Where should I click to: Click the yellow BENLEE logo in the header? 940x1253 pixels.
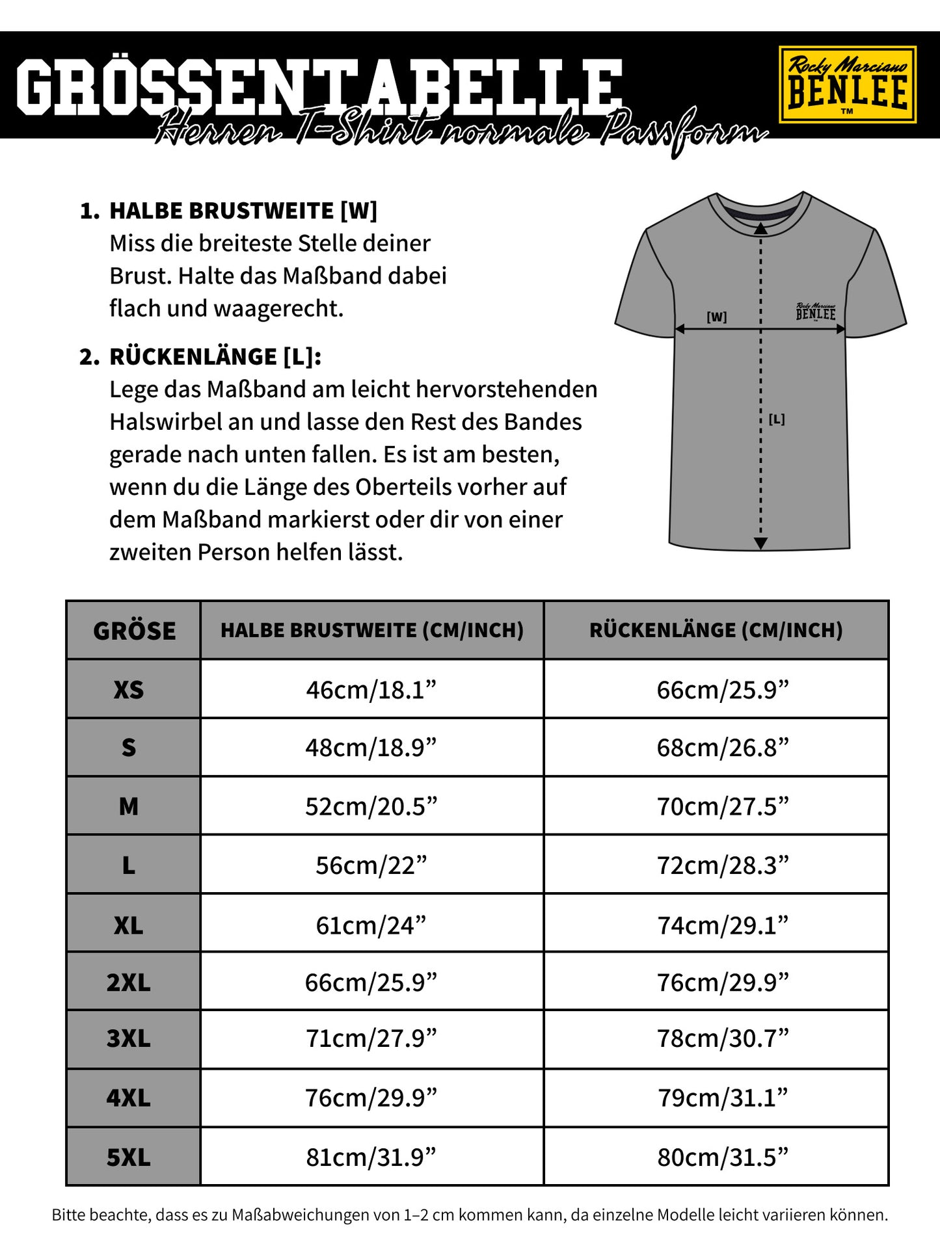847,85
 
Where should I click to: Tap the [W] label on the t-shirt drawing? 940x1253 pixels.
716,317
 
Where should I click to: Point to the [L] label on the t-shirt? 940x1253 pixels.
777,419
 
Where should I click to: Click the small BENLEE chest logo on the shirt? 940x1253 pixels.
816,312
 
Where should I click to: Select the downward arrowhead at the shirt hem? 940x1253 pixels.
760,544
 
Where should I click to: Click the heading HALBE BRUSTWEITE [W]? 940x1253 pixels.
243,211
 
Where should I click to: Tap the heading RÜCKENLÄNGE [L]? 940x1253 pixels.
215,357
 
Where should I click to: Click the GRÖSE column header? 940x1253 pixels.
134,631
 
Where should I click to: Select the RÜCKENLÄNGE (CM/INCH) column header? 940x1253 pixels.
716,630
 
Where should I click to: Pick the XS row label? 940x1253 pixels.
129,689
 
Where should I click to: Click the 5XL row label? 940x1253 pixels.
129,1157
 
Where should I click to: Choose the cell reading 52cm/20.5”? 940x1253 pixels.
371,806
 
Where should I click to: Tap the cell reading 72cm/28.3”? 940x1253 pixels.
723,865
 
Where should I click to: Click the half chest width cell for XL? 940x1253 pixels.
371,925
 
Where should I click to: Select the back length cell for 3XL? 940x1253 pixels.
723,1038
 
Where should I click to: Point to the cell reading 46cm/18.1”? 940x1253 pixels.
371,689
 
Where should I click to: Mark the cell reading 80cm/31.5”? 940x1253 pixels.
723,1157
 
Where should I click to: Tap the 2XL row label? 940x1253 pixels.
129,982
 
